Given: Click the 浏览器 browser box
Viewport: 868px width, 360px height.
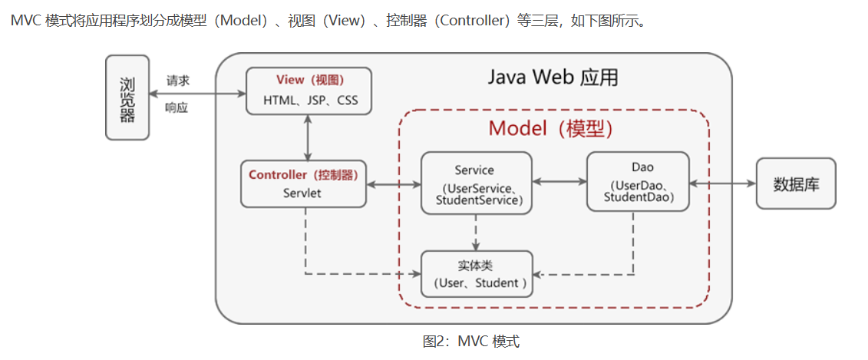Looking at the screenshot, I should click(x=127, y=97).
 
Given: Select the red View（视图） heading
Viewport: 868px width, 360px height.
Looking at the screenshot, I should click(x=309, y=81).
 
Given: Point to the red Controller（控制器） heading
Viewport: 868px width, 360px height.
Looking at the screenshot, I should click(x=303, y=175).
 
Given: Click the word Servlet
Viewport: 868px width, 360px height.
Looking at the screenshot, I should click(x=302, y=193).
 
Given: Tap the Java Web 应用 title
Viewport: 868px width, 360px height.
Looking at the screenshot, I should click(x=553, y=78).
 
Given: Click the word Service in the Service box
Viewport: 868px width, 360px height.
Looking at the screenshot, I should click(x=474, y=170).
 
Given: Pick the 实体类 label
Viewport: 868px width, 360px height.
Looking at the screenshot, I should click(x=475, y=266).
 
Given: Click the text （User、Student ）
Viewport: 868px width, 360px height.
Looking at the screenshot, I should click(x=476, y=282).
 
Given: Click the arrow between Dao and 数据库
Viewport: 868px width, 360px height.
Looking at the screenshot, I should click(x=722, y=183).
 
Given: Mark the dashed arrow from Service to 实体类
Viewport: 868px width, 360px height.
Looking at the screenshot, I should click(x=476, y=233).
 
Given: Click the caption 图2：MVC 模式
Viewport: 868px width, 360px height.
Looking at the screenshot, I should click(x=470, y=342).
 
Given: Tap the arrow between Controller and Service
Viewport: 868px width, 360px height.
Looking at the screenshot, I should click(x=394, y=184).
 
